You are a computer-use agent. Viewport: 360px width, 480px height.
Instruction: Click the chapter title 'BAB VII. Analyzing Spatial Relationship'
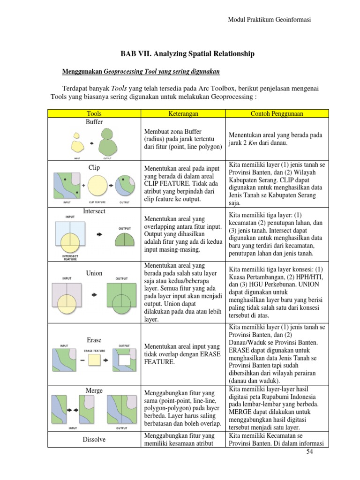point(187,54)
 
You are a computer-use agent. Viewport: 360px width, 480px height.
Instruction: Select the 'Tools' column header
point(94,113)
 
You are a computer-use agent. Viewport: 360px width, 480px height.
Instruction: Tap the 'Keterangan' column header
point(183,113)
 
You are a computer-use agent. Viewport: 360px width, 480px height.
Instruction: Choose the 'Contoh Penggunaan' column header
point(277,113)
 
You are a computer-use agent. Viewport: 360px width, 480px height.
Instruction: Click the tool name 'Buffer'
point(94,122)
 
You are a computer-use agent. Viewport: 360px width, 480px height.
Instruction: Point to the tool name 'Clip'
point(94,167)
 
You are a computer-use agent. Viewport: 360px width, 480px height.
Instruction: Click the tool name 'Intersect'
point(94,211)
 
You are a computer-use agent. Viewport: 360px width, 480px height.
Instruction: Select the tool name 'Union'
point(94,273)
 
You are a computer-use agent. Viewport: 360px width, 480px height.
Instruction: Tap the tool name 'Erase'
point(94,340)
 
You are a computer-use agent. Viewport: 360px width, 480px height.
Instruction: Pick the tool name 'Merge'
point(94,390)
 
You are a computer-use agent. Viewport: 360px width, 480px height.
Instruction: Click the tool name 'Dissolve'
point(94,440)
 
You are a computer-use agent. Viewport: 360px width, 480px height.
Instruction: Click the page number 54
point(309,451)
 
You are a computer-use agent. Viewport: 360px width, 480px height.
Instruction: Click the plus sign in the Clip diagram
point(83,185)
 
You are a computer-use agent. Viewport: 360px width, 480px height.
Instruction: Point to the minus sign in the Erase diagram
point(82,360)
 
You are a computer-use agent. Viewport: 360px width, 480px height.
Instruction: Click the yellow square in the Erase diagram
point(95,360)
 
